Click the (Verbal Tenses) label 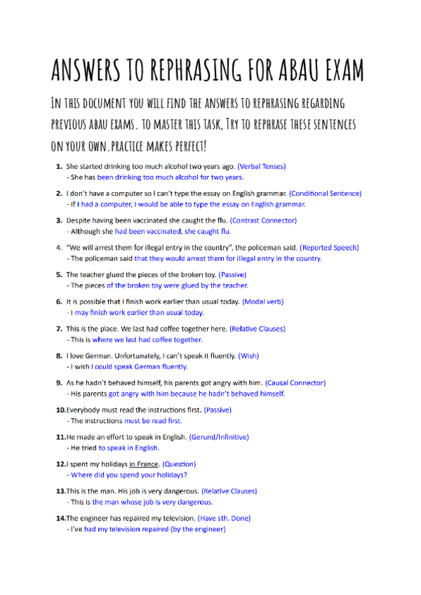(x=262, y=166)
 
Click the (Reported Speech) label (x=329, y=247)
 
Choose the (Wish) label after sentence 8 (x=248, y=356)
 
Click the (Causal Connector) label (x=295, y=382)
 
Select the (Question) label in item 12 (x=179, y=464)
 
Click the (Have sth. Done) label (x=224, y=518)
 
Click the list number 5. (x=60, y=274)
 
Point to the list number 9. (x=60, y=382)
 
